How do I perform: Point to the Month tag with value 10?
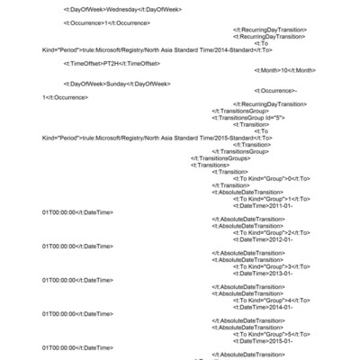[285, 70]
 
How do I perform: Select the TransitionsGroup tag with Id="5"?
[248, 118]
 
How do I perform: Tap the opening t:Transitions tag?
[210, 165]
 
